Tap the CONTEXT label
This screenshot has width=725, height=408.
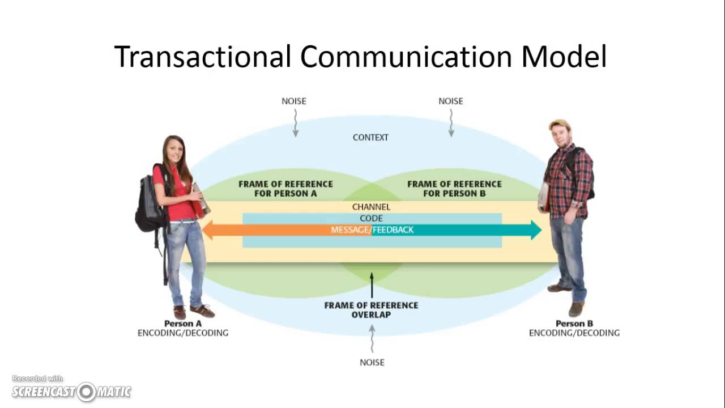coord(370,137)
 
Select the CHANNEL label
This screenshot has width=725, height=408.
coord(371,207)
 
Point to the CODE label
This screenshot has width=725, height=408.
coord(371,218)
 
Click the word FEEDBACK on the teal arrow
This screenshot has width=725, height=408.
coord(393,230)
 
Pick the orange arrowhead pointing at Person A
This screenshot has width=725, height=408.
coord(208,230)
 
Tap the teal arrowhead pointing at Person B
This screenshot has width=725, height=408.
coord(535,230)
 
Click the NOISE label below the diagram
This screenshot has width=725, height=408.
coord(372,362)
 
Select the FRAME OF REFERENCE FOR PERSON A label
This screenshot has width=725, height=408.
coord(285,189)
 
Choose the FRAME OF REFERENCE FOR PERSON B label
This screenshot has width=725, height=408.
coord(454,189)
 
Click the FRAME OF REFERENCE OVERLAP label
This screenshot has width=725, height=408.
coord(371,309)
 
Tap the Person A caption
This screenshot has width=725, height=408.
coord(182,324)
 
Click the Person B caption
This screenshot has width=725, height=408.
coord(574,324)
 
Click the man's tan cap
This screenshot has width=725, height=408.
coord(559,124)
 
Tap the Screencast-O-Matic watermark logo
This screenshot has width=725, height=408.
coord(71,391)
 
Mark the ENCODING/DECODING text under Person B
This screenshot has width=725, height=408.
coord(574,333)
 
